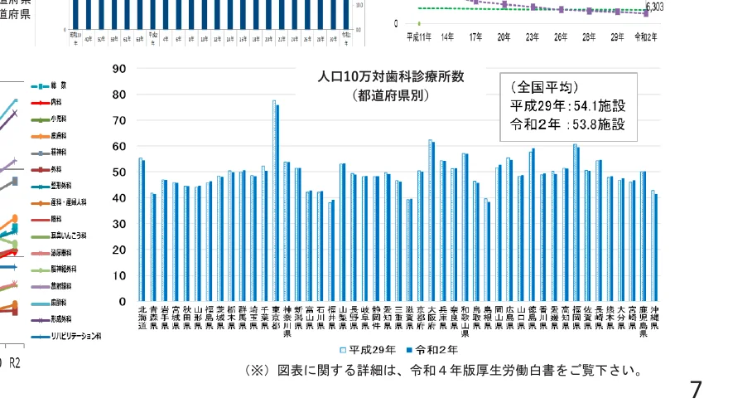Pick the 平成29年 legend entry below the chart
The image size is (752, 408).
tap(367, 350)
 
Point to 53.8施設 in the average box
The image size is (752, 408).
tap(595, 125)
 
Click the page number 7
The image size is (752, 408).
tap(696, 389)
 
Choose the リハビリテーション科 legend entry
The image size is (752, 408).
tap(75, 337)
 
